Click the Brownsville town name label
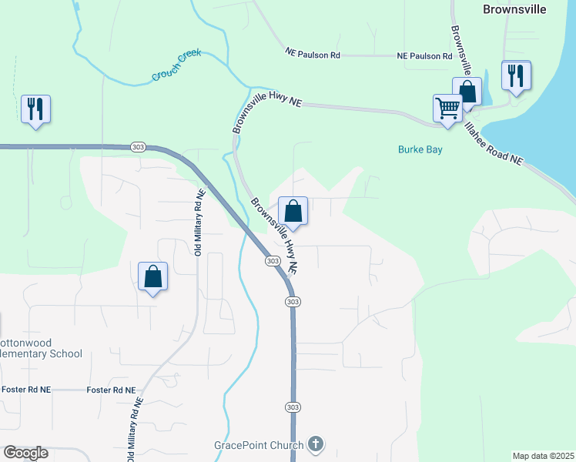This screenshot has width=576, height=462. coord(514,9)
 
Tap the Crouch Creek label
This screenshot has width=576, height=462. coord(176,65)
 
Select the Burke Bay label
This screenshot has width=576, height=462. coord(420,149)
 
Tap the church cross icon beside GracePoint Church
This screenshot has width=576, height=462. coord(315,444)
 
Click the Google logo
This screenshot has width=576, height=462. coord(25,453)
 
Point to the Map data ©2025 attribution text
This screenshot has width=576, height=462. coord(542,455)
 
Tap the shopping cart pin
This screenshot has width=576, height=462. coord(447,109)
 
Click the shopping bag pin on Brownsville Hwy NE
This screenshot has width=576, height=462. coord(293,211)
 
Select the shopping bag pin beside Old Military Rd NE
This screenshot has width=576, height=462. coord(153,277)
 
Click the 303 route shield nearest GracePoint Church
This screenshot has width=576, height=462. coord(292,407)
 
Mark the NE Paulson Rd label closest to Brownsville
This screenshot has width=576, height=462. coord(424,56)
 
